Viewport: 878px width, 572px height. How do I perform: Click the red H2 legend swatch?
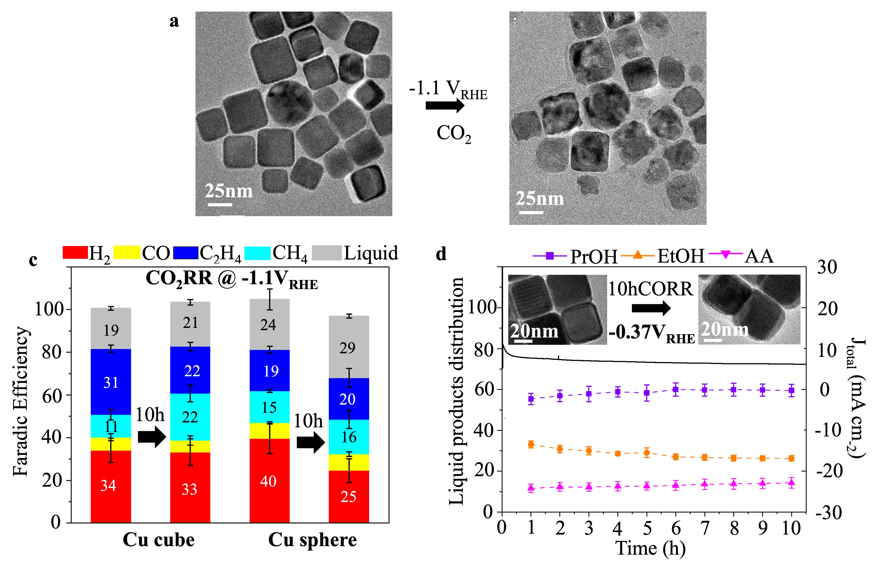pos(75,252)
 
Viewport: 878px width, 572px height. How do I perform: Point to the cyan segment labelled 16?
pos(349,437)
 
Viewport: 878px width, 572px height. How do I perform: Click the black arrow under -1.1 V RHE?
pos(444,105)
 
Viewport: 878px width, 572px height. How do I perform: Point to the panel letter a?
pos(174,21)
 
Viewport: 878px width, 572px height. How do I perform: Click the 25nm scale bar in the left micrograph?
pos(220,204)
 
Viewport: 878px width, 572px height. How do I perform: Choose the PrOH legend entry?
pos(575,256)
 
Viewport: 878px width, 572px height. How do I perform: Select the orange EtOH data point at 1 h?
pos(531,444)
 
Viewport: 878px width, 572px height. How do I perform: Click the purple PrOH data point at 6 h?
pos(675,389)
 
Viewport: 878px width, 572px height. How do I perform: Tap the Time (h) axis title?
pos(650,548)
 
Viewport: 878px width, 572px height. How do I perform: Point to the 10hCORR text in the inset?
pos(650,289)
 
